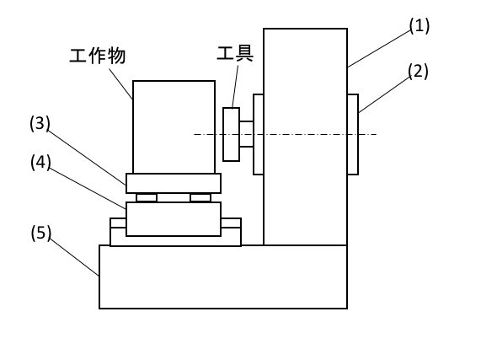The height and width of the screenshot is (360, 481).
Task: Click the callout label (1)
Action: [420, 25]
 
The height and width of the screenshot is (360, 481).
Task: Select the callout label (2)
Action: [418, 71]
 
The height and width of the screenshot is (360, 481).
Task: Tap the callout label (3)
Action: [40, 123]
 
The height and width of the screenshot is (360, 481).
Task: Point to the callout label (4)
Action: [40, 162]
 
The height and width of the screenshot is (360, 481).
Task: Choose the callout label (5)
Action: [40, 233]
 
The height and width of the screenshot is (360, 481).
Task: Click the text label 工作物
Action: [98, 56]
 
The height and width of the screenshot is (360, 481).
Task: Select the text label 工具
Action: [235, 53]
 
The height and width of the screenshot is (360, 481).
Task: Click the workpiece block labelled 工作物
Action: [174, 127]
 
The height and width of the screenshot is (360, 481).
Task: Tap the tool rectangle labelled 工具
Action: [232, 134]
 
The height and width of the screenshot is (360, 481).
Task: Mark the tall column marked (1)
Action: [305, 137]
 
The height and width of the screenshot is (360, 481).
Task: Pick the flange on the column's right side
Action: [353, 134]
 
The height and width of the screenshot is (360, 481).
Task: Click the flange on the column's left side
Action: [259, 134]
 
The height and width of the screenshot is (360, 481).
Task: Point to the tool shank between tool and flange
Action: [246, 134]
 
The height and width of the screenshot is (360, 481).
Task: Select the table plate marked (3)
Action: [174, 183]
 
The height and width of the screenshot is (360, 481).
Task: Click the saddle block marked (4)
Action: [174, 219]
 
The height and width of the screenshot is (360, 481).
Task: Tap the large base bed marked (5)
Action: [223, 277]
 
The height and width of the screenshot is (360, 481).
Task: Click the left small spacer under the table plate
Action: [147, 197]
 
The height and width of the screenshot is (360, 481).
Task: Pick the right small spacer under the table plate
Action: [200, 197]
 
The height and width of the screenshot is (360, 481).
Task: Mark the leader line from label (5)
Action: [74, 256]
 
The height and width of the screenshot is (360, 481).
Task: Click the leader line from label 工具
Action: [235, 87]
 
